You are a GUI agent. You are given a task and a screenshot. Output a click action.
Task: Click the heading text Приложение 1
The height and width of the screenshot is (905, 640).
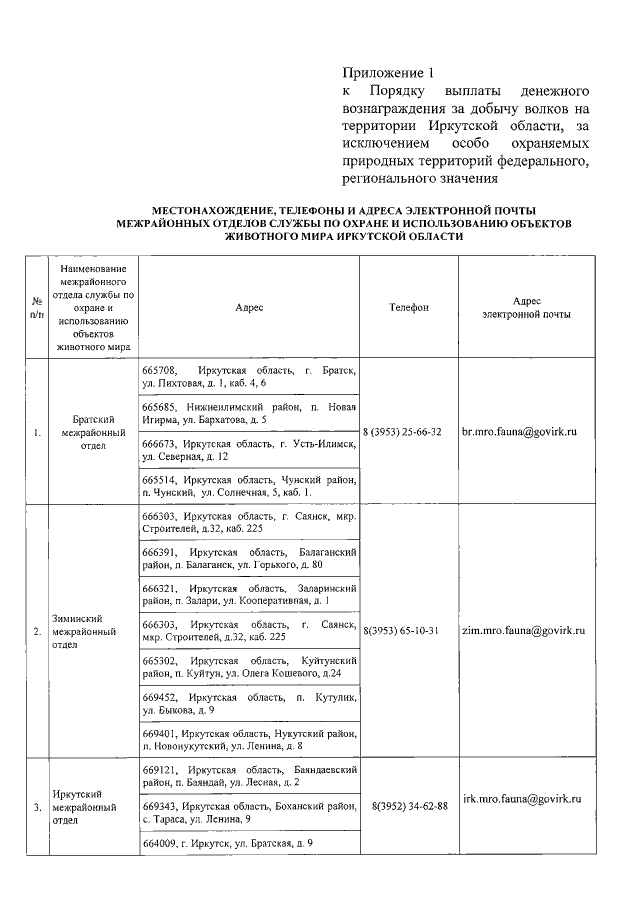pyautogui.click(x=390, y=72)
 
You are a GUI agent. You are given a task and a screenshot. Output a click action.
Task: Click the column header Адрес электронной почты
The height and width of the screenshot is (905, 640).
pyautogui.click(x=527, y=307)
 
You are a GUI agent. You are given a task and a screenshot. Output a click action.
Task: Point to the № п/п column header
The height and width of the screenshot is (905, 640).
pyautogui.click(x=36, y=307)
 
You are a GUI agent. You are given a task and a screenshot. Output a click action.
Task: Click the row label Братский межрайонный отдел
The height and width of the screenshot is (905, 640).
pyautogui.click(x=93, y=432)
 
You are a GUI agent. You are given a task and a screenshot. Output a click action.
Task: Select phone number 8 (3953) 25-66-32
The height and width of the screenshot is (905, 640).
pyautogui.click(x=403, y=432)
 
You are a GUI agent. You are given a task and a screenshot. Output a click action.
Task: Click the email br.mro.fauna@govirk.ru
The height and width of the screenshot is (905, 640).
pyautogui.click(x=520, y=432)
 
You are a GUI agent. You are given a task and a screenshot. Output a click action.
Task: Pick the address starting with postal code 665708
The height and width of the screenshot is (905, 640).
pyautogui.click(x=249, y=377)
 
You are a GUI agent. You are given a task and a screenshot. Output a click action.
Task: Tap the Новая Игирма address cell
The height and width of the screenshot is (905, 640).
pyautogui.click(x=249, y=413)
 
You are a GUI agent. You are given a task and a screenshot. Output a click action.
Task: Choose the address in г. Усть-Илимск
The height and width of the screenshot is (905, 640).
pyautogui.click(x=249, y=449)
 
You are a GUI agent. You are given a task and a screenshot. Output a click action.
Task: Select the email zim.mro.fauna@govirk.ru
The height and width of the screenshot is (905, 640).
pyautogui.click(x=523, y=631)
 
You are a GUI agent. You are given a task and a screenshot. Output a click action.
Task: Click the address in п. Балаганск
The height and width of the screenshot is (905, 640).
pyautogui.click(x=249, y=558)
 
